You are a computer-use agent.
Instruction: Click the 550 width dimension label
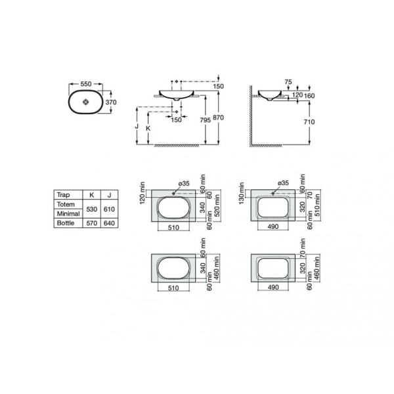(86, 84)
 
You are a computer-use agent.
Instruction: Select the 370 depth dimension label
(111, 102)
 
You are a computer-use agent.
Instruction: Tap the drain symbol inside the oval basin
(85, 102)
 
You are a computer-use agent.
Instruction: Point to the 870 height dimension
(218, 118)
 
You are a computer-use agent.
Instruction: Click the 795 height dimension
(206, 120)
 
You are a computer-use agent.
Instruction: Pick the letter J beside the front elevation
(137, 126)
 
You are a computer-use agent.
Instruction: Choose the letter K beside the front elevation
(148, 129)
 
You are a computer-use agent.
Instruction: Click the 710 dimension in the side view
(309, 122)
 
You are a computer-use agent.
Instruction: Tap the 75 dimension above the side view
(288, 82)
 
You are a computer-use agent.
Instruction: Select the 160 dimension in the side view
(309, 96)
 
